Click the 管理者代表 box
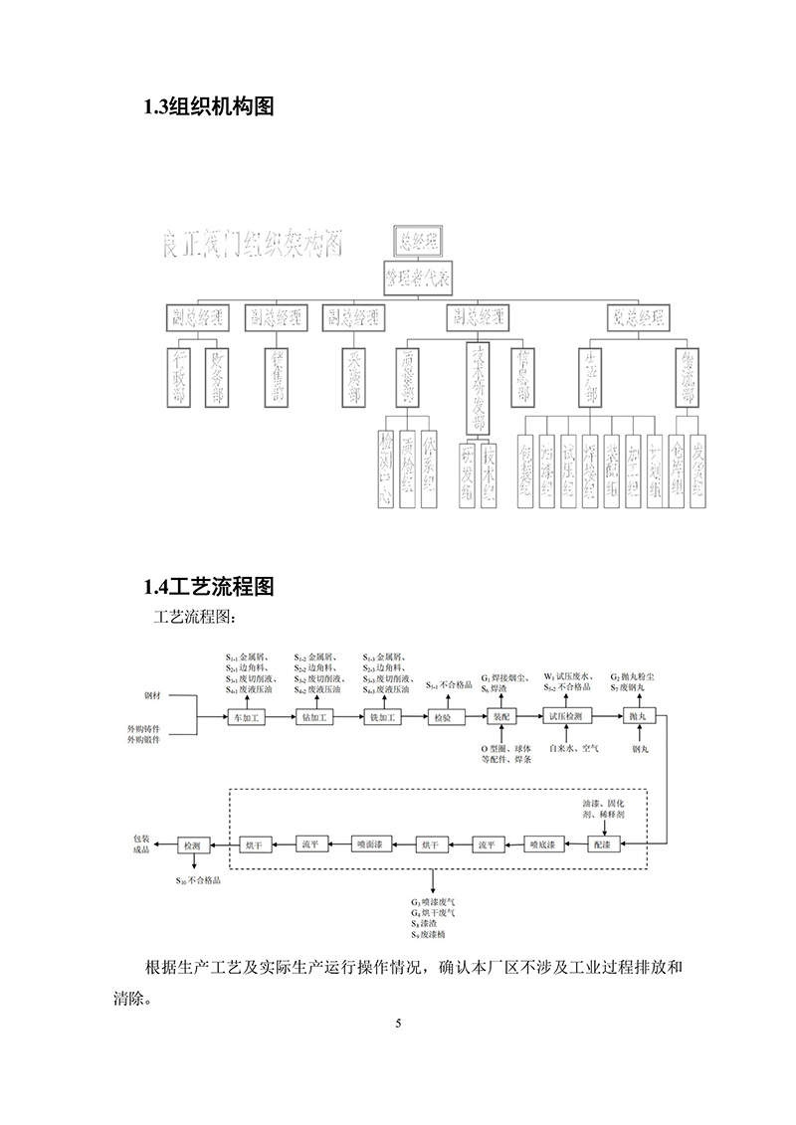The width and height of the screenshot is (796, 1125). [418, 279]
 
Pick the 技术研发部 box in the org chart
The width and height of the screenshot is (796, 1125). [477, 388]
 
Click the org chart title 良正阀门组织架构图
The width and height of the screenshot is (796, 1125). [254, 245]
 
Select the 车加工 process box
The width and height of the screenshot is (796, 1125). [245, 716]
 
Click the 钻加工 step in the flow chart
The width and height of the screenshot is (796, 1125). [312, 716]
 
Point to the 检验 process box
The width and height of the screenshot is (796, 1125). [442, 716]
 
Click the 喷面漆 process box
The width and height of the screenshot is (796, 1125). [367, 844]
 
